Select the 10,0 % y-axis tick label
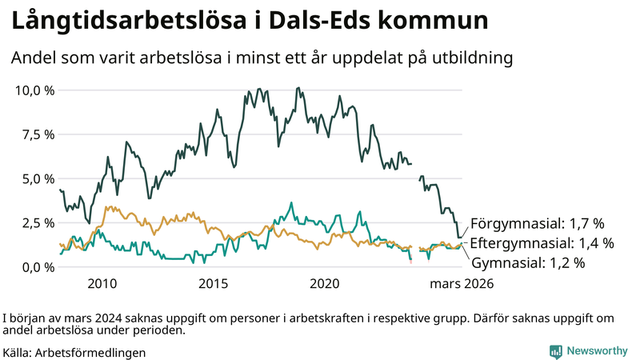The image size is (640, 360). tap(35, 90)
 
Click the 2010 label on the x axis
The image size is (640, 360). tap(102, 284)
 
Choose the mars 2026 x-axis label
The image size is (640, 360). tap(461, 284)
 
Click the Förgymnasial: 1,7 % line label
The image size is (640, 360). tap(537, 223)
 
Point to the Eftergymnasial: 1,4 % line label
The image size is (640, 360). tap(542, 242)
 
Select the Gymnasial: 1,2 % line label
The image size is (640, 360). tap(528, 262)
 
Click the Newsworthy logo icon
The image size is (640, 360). tap(555, 351)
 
